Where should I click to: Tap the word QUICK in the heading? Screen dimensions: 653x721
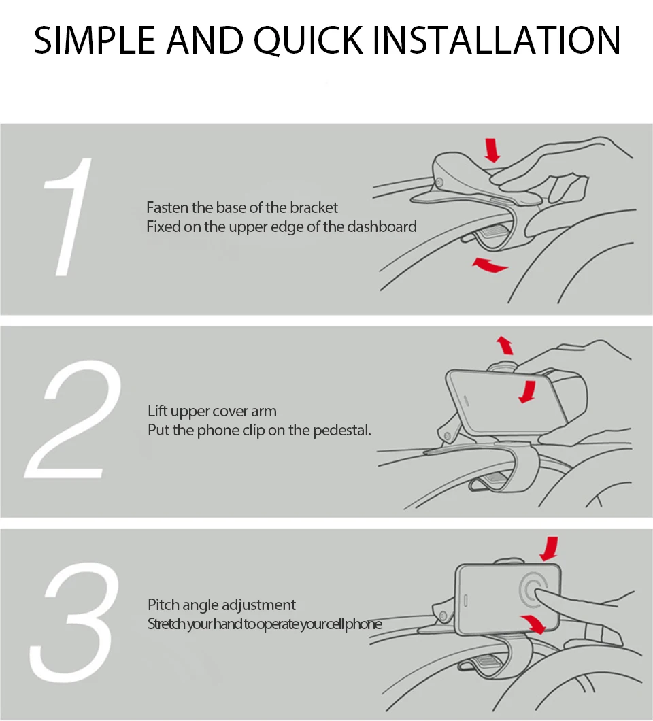click(x=308, y=41)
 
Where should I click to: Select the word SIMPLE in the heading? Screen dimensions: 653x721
click(x=95, y=40)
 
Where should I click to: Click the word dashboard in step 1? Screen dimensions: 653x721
click(x=382, y=227)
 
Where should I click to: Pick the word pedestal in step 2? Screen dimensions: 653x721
click(x=341, y=431)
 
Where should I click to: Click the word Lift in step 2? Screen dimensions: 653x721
click(x=158, y=411)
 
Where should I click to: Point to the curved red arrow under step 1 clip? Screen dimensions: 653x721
click(x=490, y=265)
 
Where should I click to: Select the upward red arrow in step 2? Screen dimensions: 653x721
click(x=505, y=345)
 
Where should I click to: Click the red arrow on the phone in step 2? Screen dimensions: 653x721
click(x=527, y=392)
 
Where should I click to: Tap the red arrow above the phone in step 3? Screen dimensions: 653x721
click(x=550, y=548)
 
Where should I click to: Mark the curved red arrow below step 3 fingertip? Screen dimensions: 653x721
click(x=533, y=624)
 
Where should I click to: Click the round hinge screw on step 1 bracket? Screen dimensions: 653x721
click(x=440, y=182)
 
